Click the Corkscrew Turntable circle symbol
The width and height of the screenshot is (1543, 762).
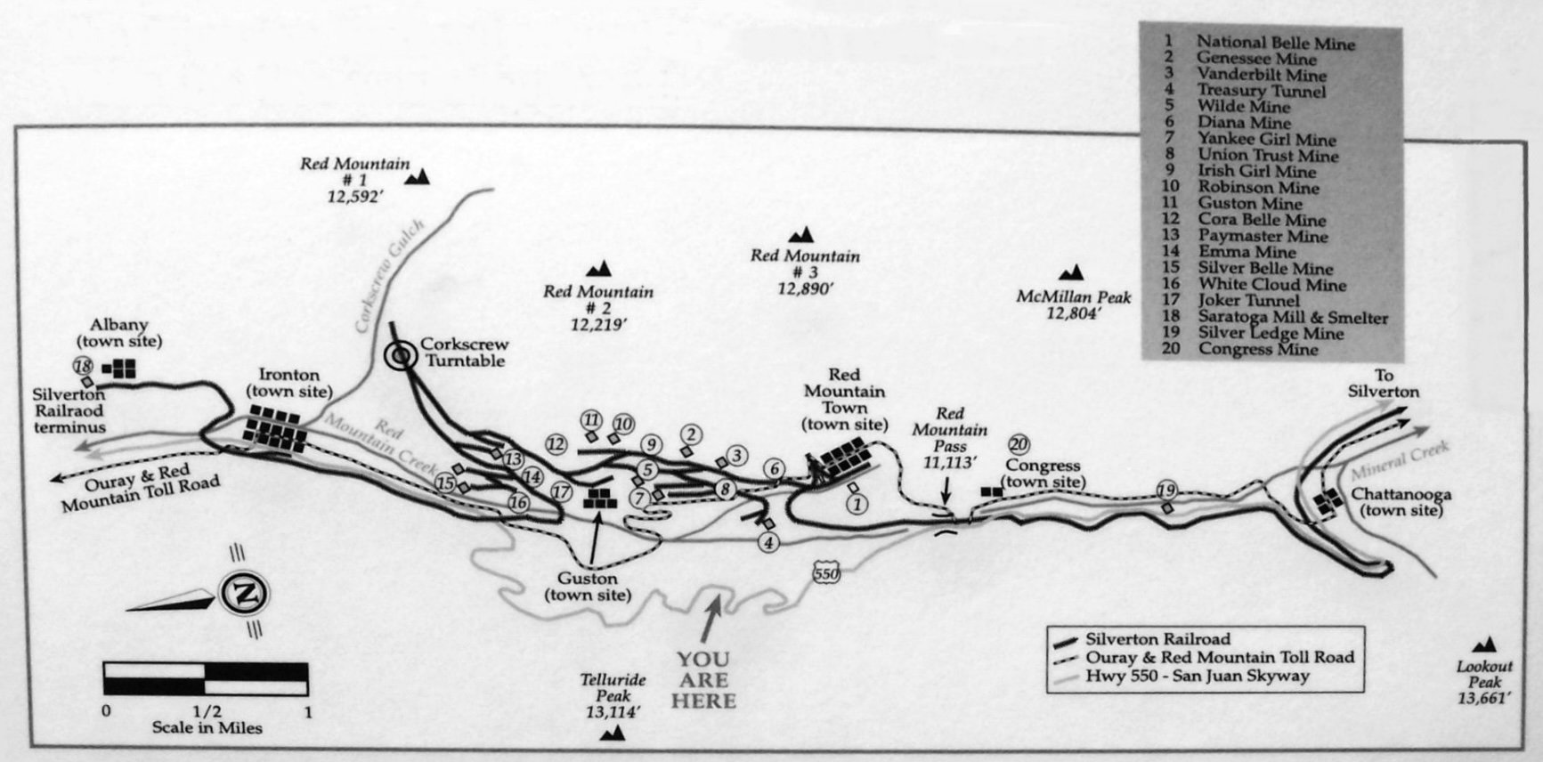point(402,356)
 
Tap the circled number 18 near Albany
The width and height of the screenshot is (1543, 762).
point(83,366)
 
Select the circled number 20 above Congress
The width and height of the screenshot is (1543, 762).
point(1019,444)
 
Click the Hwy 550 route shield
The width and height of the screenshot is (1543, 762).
point(826,573)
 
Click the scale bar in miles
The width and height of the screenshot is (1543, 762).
point(206,678)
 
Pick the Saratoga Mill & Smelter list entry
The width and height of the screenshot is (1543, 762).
point(1275,317)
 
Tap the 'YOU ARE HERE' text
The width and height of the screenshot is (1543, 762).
point(703,680)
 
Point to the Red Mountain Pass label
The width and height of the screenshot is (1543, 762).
point(949,438)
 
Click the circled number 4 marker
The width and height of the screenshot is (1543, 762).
point(768,540)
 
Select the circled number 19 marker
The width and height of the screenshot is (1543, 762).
point(1166,490)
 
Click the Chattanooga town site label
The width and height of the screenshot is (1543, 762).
point(1401,502)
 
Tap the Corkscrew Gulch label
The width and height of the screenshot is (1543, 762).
point(390,278)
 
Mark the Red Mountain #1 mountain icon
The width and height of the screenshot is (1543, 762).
point(417,177)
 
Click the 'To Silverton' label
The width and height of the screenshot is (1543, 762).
point(1383,384)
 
